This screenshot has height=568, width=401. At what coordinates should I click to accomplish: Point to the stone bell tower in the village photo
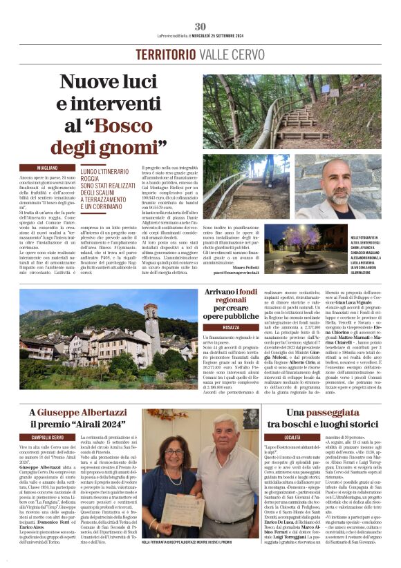click(x=151, y=324)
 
